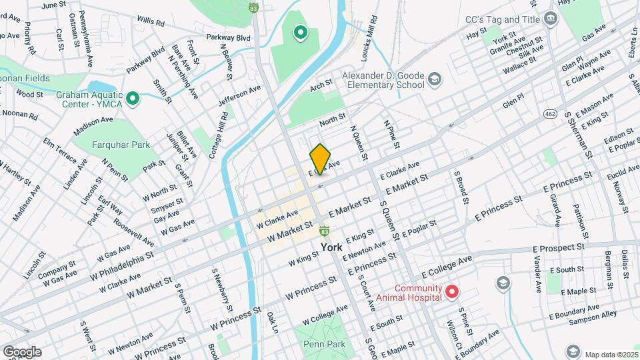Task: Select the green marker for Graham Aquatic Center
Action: click(x=133, y=100)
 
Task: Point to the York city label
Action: click(x=331, y=247)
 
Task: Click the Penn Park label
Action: click(x=323, y=345)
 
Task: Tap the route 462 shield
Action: click(x=549, y=113)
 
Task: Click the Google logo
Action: click(x=21, y=351)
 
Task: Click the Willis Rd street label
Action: click(x=150, y=23)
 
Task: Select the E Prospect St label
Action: click(x=559, y=247)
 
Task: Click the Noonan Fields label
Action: click(x=25, y=78)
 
